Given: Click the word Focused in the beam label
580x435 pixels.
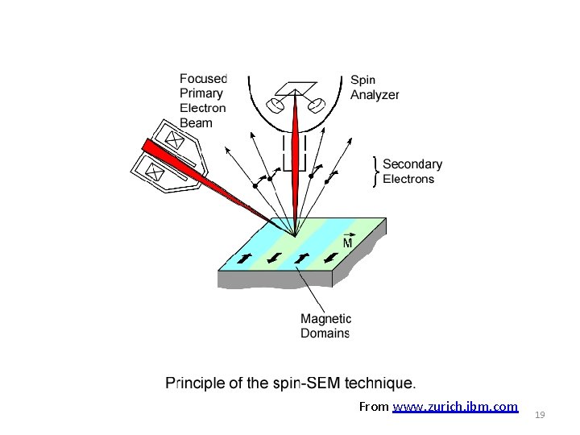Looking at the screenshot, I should (x=203, y=78).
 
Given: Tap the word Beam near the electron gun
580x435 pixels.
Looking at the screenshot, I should (x=196, y=122).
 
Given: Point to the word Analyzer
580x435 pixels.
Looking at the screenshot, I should (x=375, y=94).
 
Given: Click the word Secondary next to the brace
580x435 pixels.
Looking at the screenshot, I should (x=412, y=164).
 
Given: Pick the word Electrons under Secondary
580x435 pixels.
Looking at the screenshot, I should (x=408, y=179).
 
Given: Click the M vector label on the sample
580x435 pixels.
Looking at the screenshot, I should (x=348, y=242).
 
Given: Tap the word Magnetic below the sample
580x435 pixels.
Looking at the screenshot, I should (x=325, y=319).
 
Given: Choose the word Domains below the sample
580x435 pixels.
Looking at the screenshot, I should (x=325, y=333).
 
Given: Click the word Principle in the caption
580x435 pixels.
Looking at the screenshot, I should (x=193, y=383).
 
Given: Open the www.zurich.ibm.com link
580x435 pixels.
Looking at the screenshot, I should (x=455, y=407).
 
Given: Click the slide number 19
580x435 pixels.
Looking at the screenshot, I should (x=540, y=415).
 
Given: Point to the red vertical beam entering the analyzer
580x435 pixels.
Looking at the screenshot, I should (x=296, y=145).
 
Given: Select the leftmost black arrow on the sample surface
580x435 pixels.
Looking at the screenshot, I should (x=243, y=259).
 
